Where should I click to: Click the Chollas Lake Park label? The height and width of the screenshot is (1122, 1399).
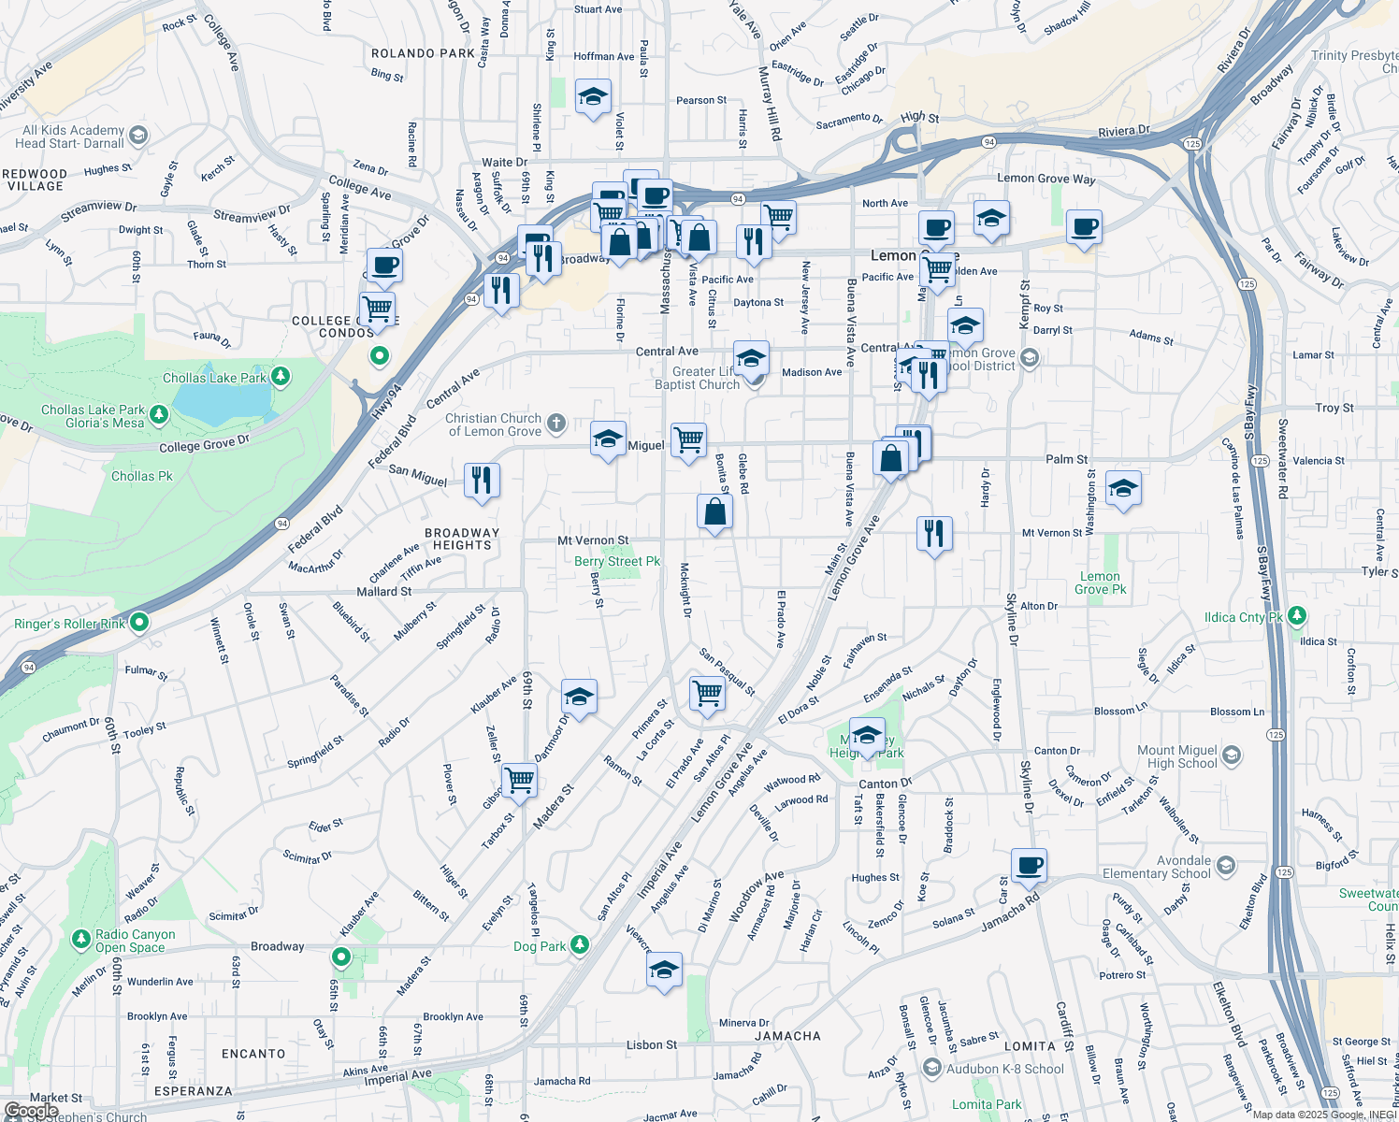214,378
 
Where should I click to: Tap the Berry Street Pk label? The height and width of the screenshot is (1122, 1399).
617,561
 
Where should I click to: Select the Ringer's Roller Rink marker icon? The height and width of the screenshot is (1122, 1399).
139,622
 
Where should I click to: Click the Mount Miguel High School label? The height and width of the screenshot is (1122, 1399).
1176,756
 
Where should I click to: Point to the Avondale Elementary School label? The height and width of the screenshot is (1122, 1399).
1157,867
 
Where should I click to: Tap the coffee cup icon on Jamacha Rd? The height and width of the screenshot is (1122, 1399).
1029,866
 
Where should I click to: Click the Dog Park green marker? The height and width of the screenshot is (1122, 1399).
580,945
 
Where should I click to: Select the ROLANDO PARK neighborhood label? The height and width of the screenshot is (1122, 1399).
423,53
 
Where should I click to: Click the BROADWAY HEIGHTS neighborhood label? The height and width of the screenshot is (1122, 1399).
462,539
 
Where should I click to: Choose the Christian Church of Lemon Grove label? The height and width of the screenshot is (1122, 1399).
494,424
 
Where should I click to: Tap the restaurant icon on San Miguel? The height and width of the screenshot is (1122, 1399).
482,481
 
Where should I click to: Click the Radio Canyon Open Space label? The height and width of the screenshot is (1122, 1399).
135,941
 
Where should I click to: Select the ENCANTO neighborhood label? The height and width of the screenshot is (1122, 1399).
253,1054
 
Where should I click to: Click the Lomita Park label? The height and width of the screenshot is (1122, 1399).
987,1104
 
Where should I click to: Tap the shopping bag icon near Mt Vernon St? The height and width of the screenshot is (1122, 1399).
714,512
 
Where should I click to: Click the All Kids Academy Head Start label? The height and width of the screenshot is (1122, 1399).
71,137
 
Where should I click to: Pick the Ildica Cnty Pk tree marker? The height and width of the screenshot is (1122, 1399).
1296,616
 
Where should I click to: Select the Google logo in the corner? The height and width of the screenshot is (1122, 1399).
31,1111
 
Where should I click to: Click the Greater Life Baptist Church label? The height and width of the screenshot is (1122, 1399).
698,378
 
